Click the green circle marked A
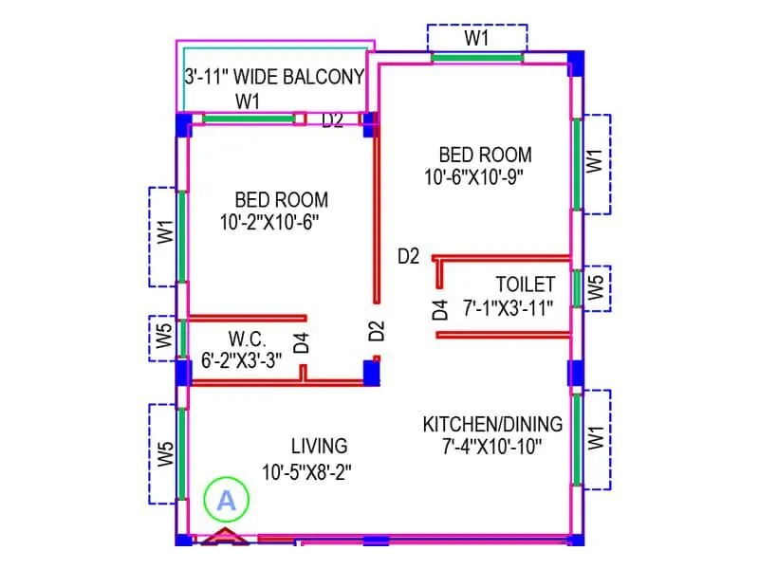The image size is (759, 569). [x=226, y=501]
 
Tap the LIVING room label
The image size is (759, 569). [x=319, y=446]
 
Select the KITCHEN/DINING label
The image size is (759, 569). [x=492, y=424]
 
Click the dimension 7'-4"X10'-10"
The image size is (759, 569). [x=492, y=444]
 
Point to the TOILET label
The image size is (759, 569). [x=525, y=284]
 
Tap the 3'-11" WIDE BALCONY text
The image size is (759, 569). [x=273, y=78]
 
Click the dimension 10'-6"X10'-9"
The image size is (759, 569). [x=474, y=175]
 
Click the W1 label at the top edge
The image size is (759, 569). [x=476, y=38]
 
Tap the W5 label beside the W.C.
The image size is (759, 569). [x=164, y=338]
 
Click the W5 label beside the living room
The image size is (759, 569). [x=165, y=453]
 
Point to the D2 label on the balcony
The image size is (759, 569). [x=332, y=120]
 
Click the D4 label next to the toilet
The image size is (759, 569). [x=439, y=309]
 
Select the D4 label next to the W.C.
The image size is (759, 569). [x=301, y=342]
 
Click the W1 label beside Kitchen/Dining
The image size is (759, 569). [x=595, y=438]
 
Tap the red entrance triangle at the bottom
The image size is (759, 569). [x=224, y=538]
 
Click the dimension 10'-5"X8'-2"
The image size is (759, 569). [x=311, y=468]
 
